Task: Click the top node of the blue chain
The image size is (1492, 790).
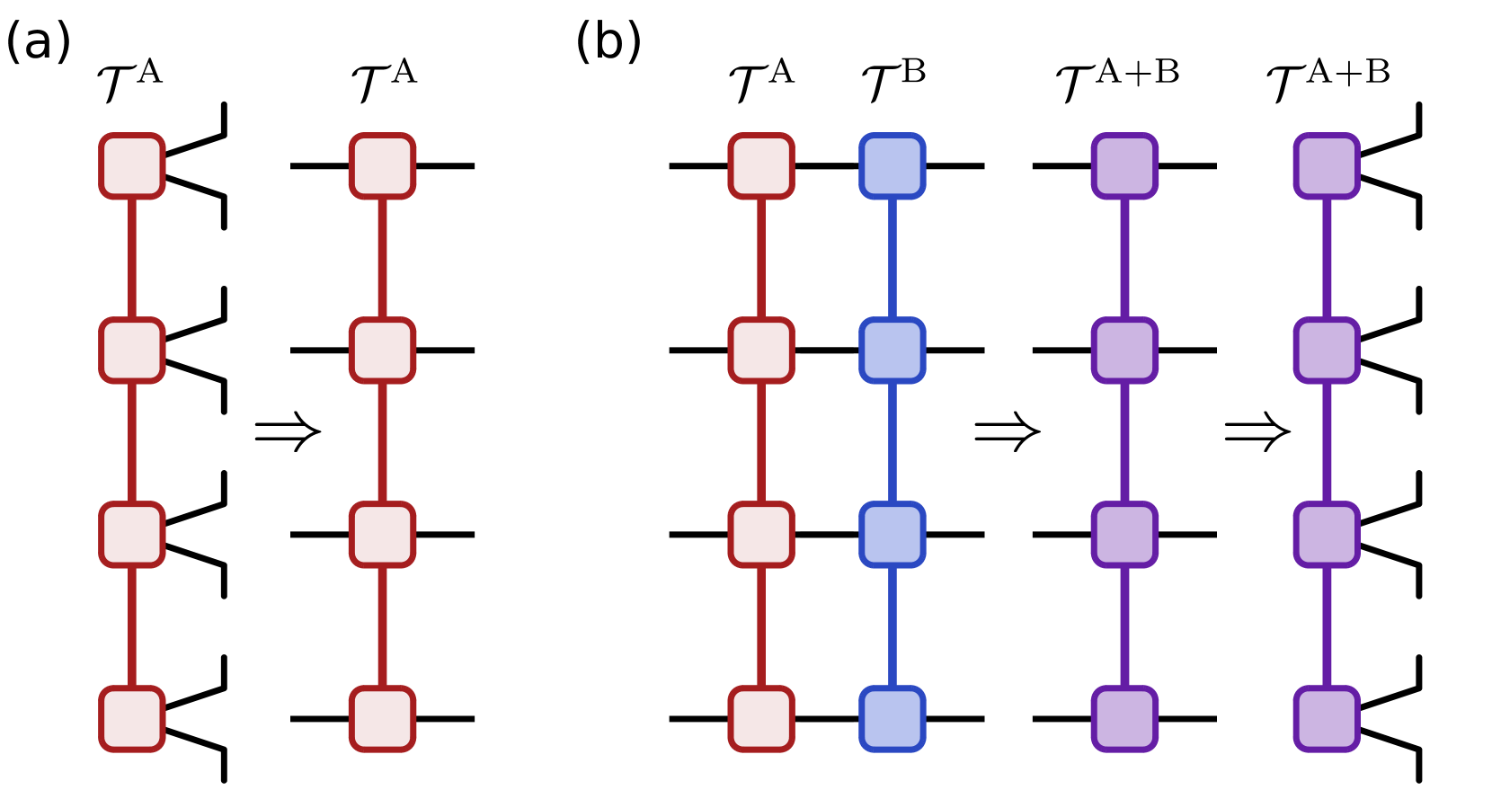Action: [893, 166]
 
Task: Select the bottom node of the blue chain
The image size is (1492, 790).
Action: [893, 719]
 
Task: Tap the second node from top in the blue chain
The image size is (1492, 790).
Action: [893, 351]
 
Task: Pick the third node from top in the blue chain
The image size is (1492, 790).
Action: [893, 535]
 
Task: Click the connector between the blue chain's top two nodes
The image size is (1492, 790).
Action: [893, 258]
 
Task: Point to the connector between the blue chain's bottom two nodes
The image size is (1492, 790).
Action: [893, 626]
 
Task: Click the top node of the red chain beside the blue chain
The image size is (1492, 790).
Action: [761, 166]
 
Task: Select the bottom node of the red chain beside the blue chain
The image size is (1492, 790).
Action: [761, 719]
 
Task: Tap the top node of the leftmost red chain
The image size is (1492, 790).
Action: [132, 166]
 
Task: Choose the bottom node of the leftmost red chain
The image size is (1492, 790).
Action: [132, 719]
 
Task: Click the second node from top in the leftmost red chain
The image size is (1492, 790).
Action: [132, 351]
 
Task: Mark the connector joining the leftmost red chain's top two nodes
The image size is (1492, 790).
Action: [132, 258]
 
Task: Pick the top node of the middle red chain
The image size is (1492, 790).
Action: [382, 166]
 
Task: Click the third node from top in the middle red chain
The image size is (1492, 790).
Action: [382, 535]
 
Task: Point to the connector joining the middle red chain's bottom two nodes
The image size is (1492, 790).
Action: [382, 626]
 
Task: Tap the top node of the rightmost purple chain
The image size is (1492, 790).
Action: [1327, 166]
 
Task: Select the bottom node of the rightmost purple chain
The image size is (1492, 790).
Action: [1327, 719]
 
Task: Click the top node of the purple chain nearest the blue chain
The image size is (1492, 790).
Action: [1124, 166]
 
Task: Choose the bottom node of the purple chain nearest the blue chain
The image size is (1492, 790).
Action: [1124, 719]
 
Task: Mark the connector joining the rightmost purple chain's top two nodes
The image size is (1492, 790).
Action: [1327, 258]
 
